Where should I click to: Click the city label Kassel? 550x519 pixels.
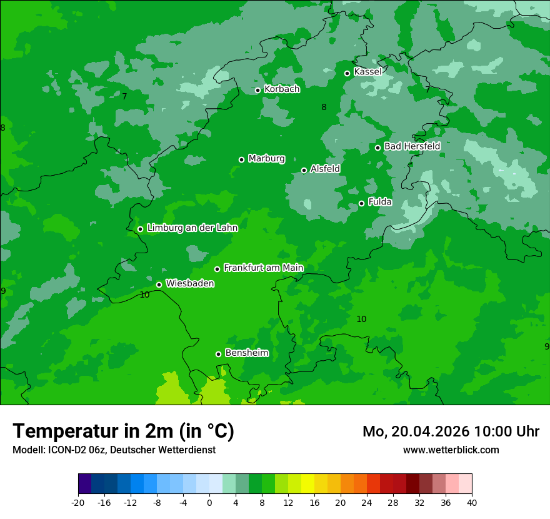[367, 72]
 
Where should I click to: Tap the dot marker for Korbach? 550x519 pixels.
[257, 90]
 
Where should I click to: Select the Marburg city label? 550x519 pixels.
[266, 158]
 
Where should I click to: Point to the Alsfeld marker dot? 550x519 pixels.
[304, 170]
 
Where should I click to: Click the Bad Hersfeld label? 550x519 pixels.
[412, 146]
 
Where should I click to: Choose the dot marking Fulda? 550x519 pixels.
[362, 203]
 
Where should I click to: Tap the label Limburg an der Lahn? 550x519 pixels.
[192, 228]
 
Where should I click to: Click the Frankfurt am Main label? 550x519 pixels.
[263, 268]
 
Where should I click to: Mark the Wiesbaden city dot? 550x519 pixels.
[159, 285]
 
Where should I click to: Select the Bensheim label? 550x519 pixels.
[246, 353]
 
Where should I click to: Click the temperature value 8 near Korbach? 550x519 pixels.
[324, 107]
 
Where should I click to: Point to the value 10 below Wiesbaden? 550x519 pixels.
[144, 295]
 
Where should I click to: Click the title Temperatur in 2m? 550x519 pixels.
[123, 431]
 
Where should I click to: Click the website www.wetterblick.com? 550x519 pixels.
[451, 450]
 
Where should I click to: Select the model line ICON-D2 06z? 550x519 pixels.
[114, 450]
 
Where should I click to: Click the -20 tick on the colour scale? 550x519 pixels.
[78, 502]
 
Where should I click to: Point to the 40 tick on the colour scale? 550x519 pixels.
[472, 502]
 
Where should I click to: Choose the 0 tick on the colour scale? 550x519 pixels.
[209, 502]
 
